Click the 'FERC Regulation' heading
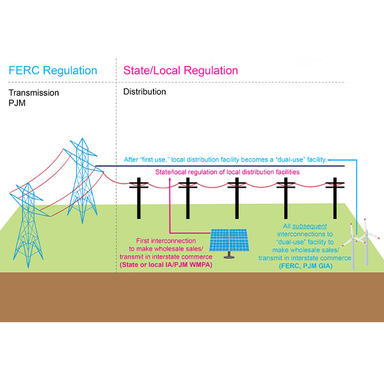[52, 70]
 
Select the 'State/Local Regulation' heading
[180, 70]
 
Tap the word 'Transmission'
[33, 93]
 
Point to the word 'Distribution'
[145, 92]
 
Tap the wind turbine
[358, 243]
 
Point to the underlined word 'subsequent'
[310, 227]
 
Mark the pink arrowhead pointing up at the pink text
[169, 181]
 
